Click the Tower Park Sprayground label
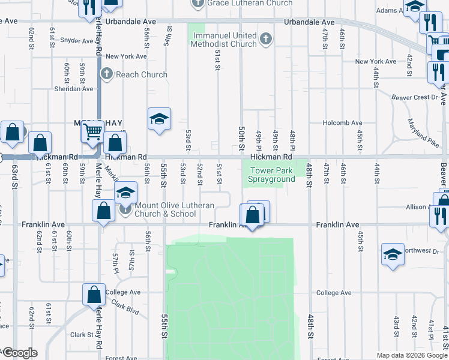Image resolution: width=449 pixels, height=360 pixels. [272, 175]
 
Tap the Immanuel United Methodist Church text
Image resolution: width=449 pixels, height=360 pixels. [224, 40]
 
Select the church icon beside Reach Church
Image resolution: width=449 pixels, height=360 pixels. [106, 74]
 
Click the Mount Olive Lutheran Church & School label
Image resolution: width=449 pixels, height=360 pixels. [173, 209]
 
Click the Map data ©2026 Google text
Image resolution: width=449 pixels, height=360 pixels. [411, 355]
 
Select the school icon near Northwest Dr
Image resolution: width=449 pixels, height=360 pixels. [393, 254]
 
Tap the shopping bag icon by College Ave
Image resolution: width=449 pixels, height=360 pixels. [94, 295]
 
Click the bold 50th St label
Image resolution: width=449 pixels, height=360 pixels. [241, 139]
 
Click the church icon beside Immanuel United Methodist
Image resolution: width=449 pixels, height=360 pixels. [267, 40]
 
